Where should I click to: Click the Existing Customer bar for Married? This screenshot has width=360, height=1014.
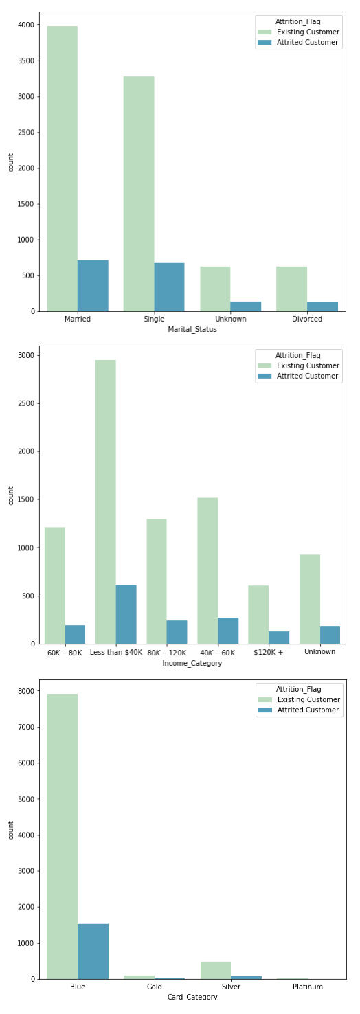pos(62,168)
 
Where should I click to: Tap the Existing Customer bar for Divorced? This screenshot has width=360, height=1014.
pos(291,289)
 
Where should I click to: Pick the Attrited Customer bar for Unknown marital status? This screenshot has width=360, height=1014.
pos(245,306)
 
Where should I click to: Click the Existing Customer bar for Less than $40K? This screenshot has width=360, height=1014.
pos(105,502)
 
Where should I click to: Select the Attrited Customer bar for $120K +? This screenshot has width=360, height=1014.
pos(279,638)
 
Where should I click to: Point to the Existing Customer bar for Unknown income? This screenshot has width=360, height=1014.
pos(309,599)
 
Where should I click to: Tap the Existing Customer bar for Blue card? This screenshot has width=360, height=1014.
pos(62,836)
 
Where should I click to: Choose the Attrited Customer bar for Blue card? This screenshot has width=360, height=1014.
pos(93,951)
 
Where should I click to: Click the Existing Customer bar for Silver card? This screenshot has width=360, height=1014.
pos(215,970)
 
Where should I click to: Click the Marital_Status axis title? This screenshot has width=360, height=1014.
pos(192,330)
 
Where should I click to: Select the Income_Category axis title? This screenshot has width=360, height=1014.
pos(192,663)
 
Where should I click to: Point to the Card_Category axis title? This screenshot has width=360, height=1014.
pos(192,997)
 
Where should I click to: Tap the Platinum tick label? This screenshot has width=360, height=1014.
pos(307,987)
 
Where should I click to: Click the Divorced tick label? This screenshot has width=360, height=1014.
pos(307,319)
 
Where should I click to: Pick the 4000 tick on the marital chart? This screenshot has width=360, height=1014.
pos(26,25)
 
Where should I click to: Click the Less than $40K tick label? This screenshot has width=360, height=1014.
pos(115,652)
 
